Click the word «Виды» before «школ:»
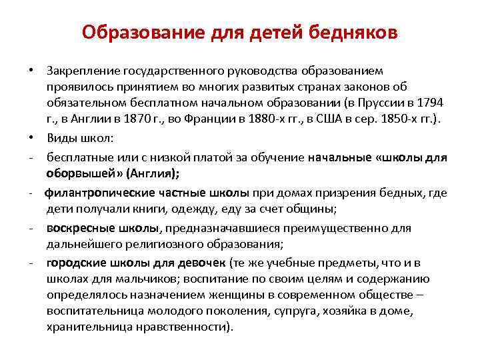[x=61, y=137]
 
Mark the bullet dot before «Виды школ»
[x=32, y=137]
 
